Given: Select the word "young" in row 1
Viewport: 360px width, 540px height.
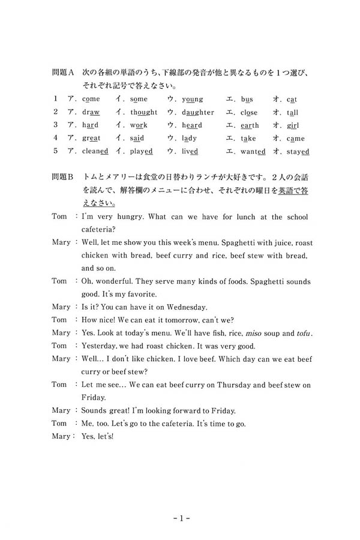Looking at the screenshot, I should pyautogui.click(x=192, y=99).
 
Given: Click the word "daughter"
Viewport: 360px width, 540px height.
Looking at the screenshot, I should pyautogui.click(x=197, y=112).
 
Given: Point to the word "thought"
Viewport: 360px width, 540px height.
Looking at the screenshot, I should pyautogui.click(x=143, y=112).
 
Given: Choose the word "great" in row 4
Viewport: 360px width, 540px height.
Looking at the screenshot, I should pyautogui.click(x=91, y=139).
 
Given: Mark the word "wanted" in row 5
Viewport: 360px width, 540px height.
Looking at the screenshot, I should pyautogui.click(x=252, y=152).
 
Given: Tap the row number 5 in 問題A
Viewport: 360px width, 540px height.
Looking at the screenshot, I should pyautogui.click(x=55, y=152).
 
